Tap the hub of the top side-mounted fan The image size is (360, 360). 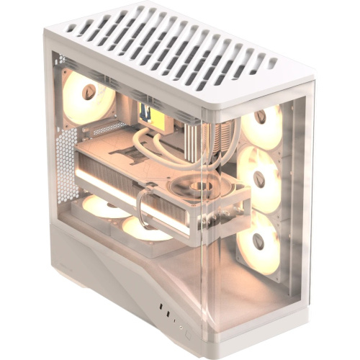pyautogui.click(x=260, y=117)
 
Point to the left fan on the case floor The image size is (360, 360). pyautogui.click(x=104, y=205)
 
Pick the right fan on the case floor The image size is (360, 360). pyautogui.click(x=143, y=228)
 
